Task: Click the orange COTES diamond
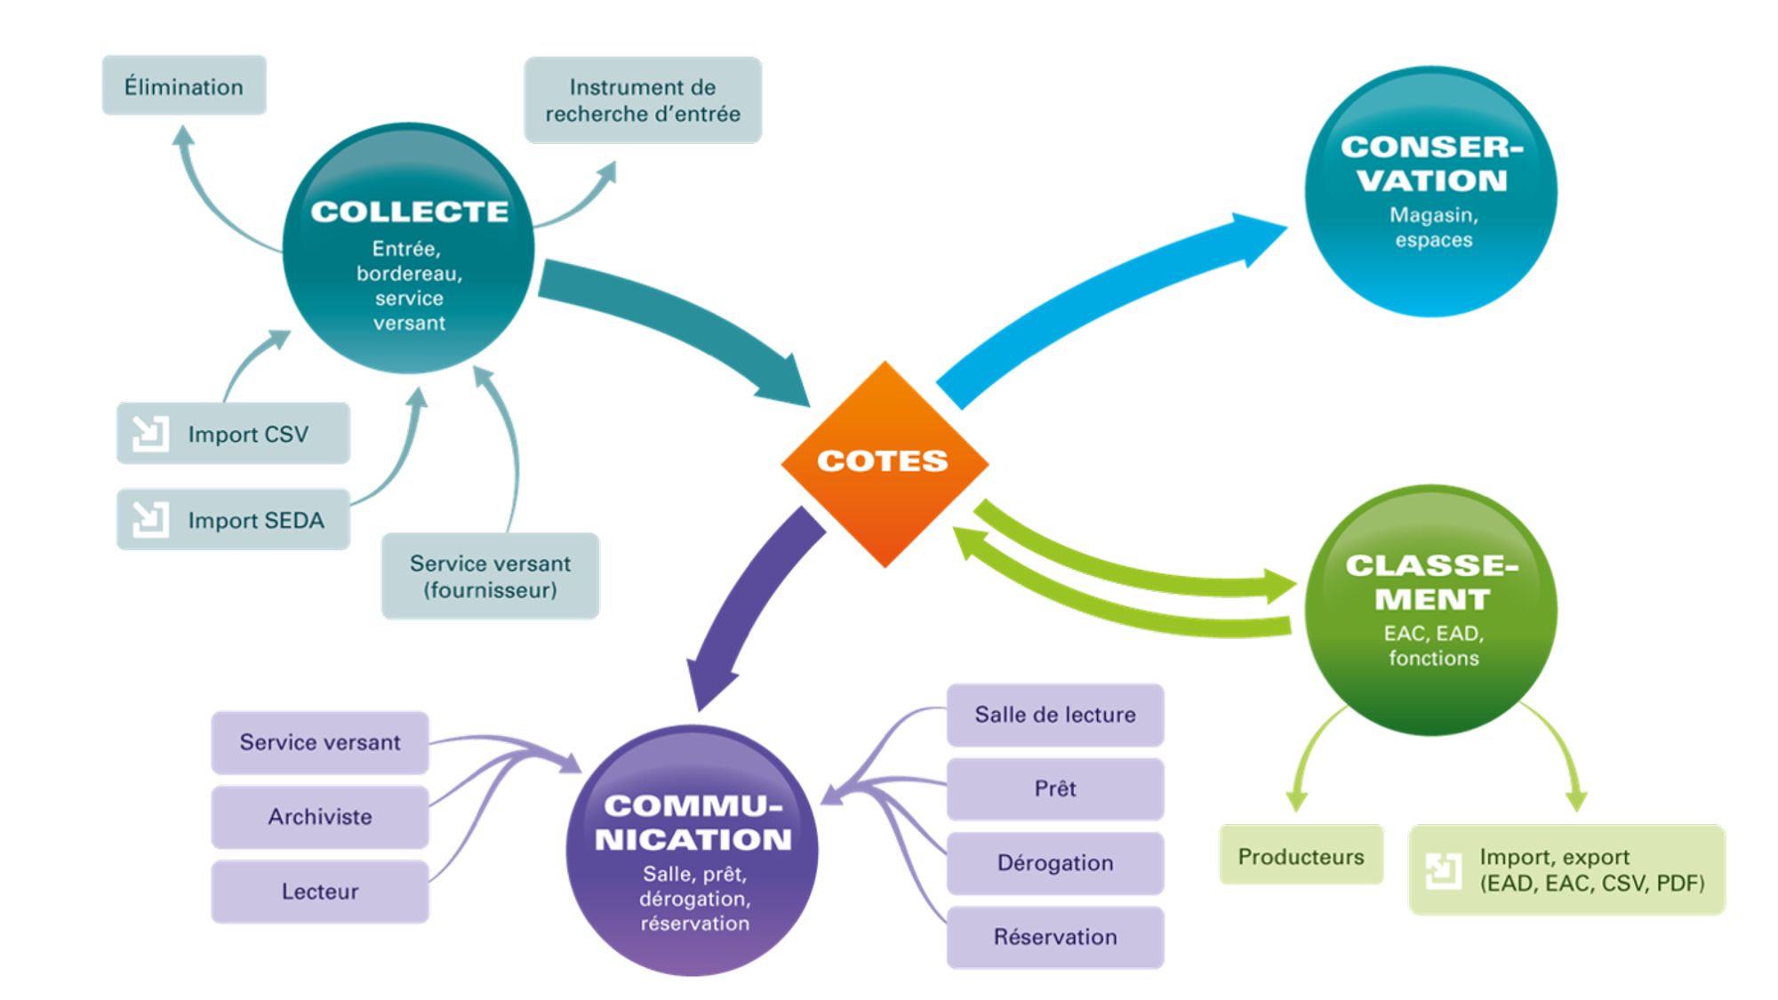884,463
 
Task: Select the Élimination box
184,86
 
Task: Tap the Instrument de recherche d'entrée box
642,100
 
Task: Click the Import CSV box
233,434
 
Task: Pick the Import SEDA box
233,520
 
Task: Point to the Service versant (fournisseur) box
490,576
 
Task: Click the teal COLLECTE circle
408,249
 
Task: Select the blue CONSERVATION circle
1430,192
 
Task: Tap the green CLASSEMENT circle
1430,610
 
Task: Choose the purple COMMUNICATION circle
693,851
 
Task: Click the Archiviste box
320,816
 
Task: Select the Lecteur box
320,891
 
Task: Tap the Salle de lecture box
1054,715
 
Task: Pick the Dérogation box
1054,863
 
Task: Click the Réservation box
1054,937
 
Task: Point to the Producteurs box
1301,856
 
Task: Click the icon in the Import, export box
1443,870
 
